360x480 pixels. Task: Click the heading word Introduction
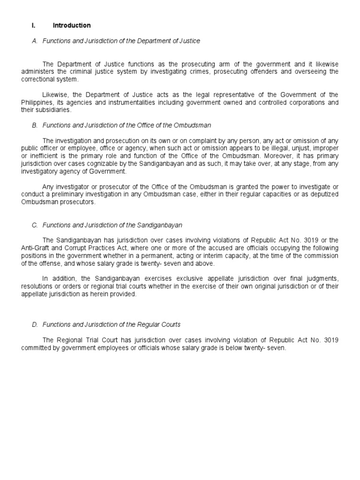click(72, 25)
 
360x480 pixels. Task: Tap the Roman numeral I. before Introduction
click(34, 25)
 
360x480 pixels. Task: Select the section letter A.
click(35, 41)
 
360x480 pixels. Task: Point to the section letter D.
click(35, 324)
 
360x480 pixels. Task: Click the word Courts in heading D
click(171, 324)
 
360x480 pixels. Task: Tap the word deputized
click(324, 195)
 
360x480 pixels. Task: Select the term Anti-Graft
click(37, 248)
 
